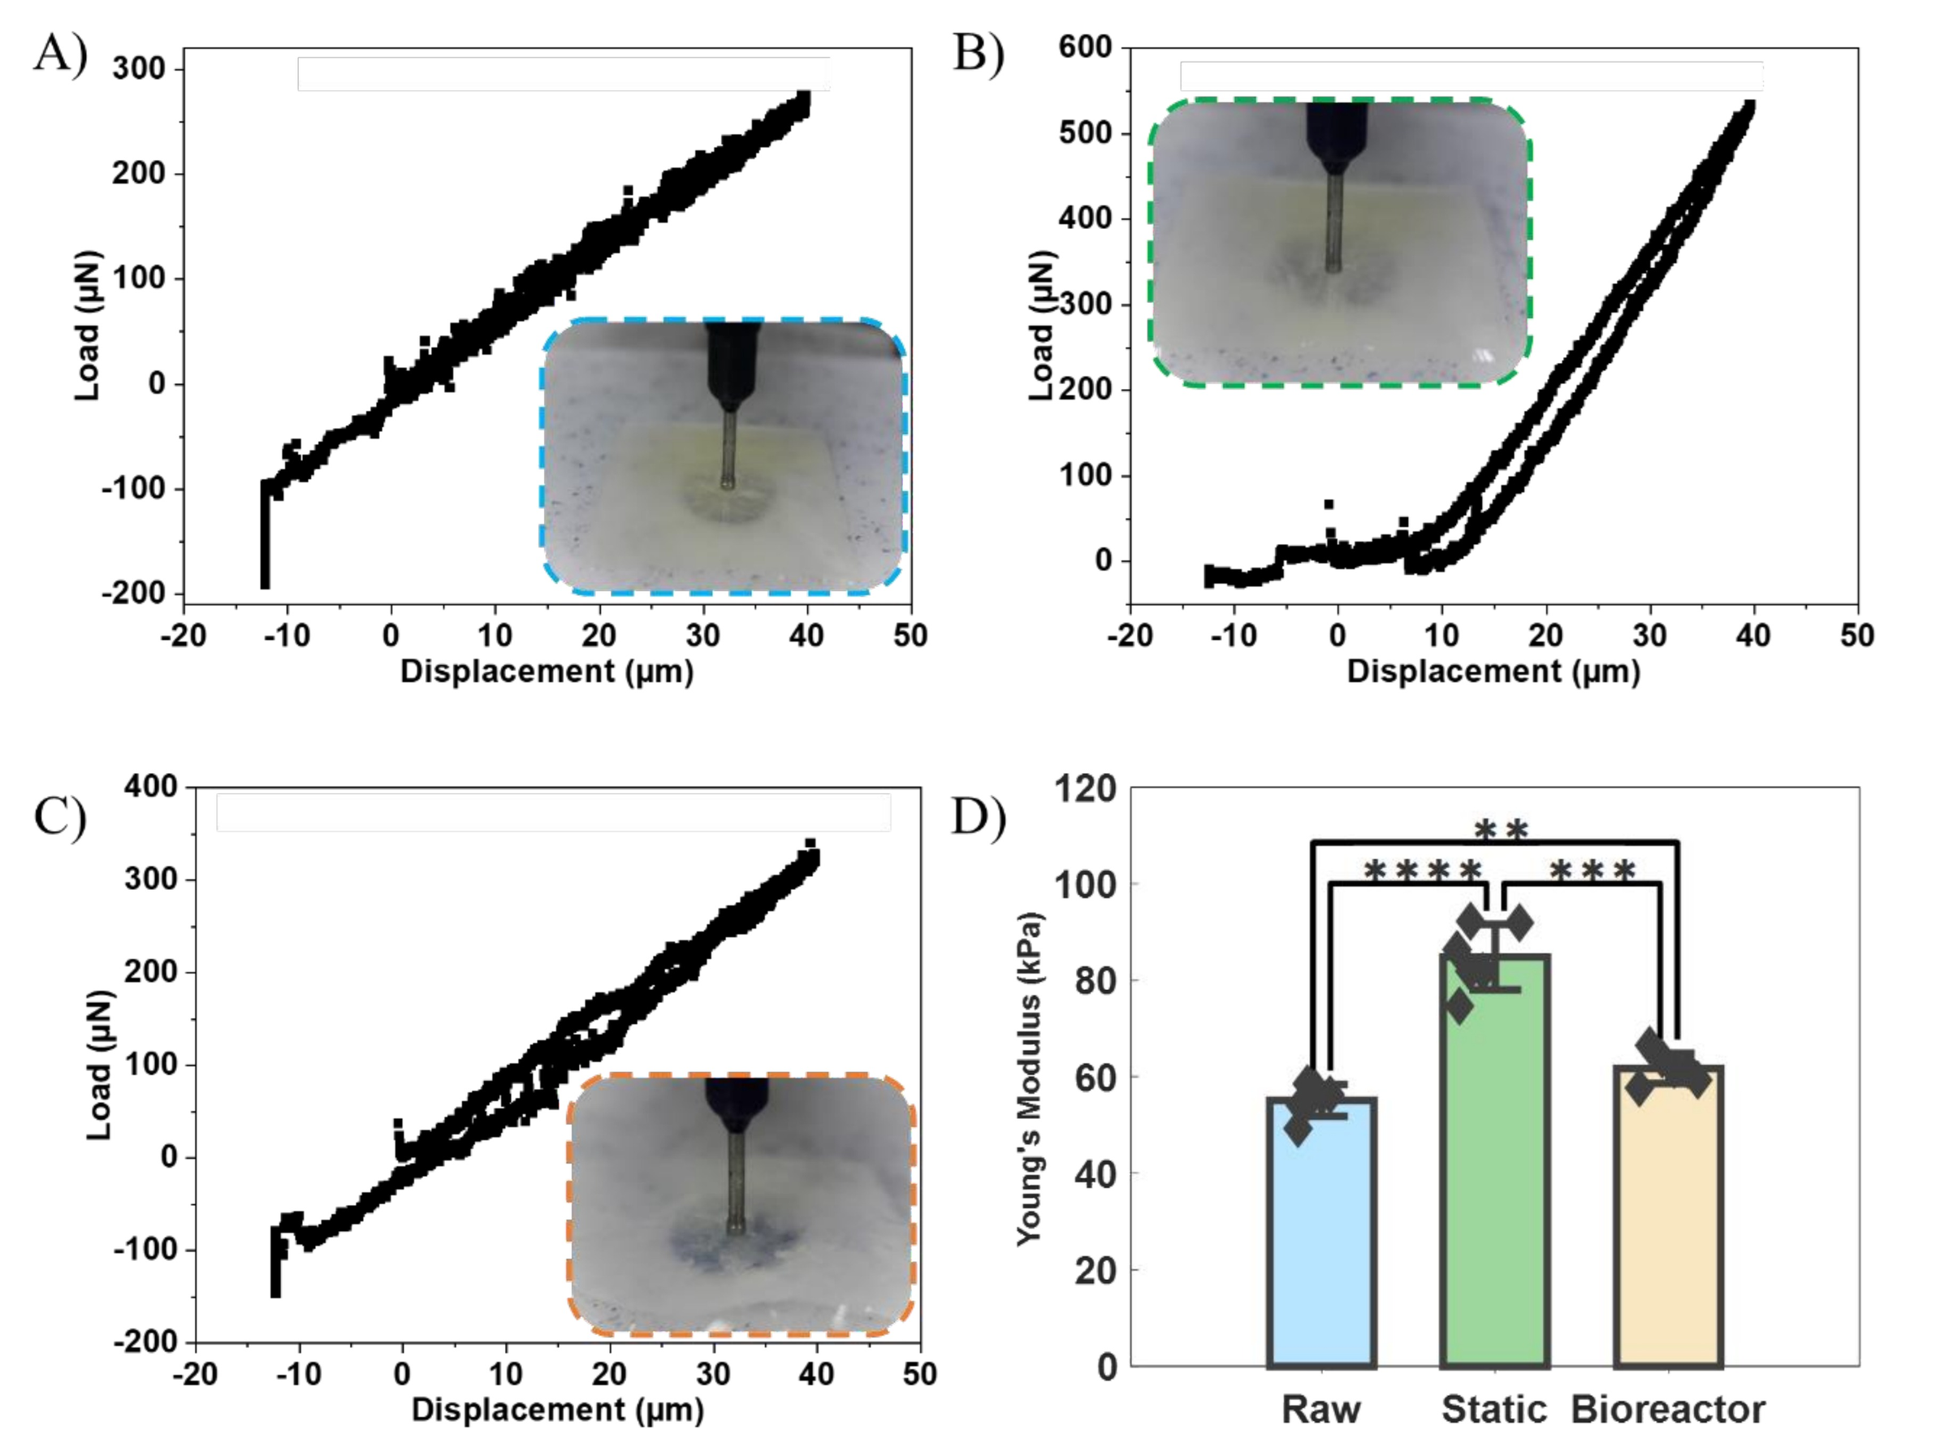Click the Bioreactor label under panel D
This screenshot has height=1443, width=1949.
[x=1668, y=1410]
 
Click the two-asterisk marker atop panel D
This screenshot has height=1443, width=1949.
[x=1501, y=832]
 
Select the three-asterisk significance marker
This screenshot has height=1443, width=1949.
[x=1592, y=872]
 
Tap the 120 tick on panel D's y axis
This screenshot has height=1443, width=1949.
[x=1085, y=789]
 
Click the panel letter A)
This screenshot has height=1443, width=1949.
[x=61, y=54]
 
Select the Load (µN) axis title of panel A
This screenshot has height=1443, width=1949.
[x=88, y=326]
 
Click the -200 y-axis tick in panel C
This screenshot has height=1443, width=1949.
[x=145, y=1341]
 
